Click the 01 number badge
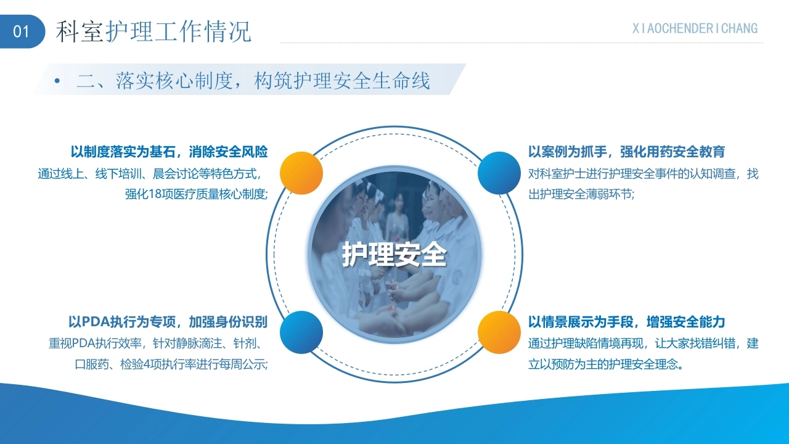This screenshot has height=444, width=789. [x=22, y=31]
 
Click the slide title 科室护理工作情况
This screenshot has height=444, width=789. [x=153, y=31]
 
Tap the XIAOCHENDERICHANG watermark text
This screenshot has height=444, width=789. [x=695, y=28]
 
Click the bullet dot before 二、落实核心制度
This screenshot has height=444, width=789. [x=57, y=81]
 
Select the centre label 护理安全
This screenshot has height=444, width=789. [x=394, y=254]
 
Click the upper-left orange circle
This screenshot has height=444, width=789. [x=301, y=173]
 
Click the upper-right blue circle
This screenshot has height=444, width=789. [x=499, y=173]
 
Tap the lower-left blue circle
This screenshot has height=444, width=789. [x=301, y=332]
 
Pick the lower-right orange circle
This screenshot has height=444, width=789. [x=499, y=332]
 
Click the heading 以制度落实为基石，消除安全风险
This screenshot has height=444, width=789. [x=169, y=152]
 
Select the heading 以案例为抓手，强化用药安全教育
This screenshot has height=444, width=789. [x=627, y=152]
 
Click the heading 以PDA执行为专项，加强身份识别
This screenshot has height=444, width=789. [x=168, y=322]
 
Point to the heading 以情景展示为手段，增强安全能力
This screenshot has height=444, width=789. [x=627, y=322]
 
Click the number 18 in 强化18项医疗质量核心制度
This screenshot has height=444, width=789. [x=155, y=194]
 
